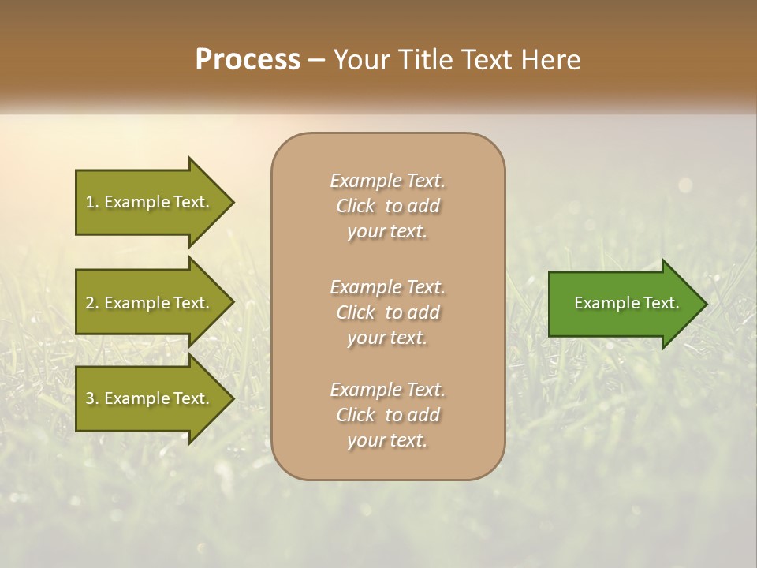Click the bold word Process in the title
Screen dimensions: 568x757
pos(248,60)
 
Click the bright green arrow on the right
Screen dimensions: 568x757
pos(623,304)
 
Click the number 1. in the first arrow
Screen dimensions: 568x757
pos(92,202)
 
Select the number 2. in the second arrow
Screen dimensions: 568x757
pos(92,303)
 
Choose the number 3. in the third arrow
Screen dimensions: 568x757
pos(92,398)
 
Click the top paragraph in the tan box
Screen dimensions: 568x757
pos(387,206)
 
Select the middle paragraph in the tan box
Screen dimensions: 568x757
pos(387,312)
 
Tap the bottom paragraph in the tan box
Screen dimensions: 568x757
pos(387,415)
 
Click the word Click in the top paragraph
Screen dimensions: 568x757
pos(356,207)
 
